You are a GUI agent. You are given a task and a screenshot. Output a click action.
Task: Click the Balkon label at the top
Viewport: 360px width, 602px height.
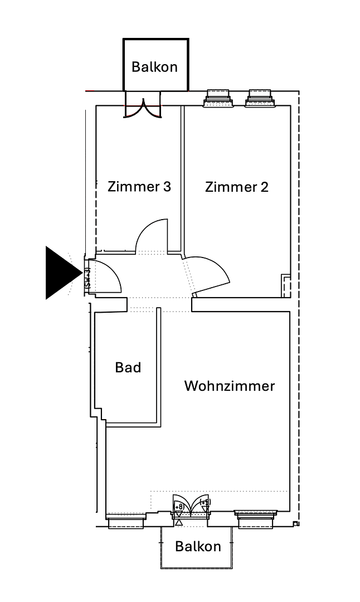[x=154, y=67]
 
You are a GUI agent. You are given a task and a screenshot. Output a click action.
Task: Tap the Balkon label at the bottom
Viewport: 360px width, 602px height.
[x=198, y=546]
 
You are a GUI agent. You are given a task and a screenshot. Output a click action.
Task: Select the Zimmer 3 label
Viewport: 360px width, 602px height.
[x=139, y=186]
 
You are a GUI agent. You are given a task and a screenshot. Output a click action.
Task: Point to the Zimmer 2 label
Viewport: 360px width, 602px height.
[x=236, y=187]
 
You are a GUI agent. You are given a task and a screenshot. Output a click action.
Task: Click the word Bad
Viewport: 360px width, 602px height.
[x=128, y=367]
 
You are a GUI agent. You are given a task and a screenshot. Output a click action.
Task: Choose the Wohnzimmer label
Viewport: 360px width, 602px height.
[x=229, y=386]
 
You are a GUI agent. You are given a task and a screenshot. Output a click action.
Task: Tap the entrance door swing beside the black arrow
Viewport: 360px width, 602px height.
[x=106, y=276]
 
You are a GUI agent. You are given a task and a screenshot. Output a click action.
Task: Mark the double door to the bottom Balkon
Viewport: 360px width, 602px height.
[x=191, y=506]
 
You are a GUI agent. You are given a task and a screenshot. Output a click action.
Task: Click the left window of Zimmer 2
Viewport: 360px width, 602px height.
[x=218, y=99]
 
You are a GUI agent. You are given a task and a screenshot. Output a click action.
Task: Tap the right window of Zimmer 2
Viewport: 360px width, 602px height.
[x=260, y=99]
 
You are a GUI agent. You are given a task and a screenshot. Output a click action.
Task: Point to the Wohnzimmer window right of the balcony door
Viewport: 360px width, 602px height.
[x=256, y=519]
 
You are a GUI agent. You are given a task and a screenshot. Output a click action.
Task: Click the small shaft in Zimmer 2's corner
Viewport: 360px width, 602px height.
[x=286, y=285]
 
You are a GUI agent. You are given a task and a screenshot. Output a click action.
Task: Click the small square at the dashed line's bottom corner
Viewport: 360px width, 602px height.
[x=296, y=524]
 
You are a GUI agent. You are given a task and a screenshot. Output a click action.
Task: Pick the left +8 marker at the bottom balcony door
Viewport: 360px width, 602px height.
[x=179, y=507]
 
